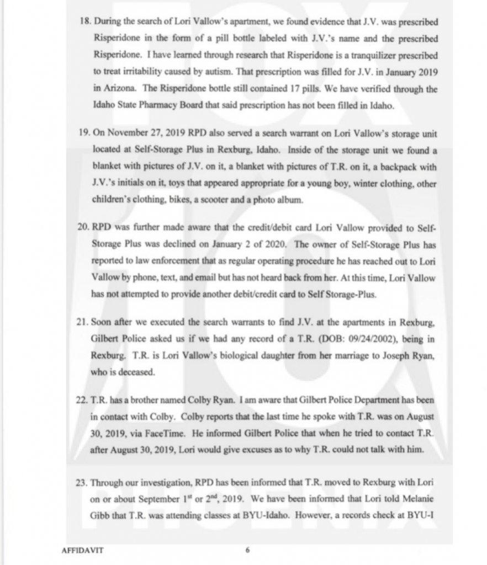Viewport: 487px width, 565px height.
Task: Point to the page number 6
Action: coord(248,550)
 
